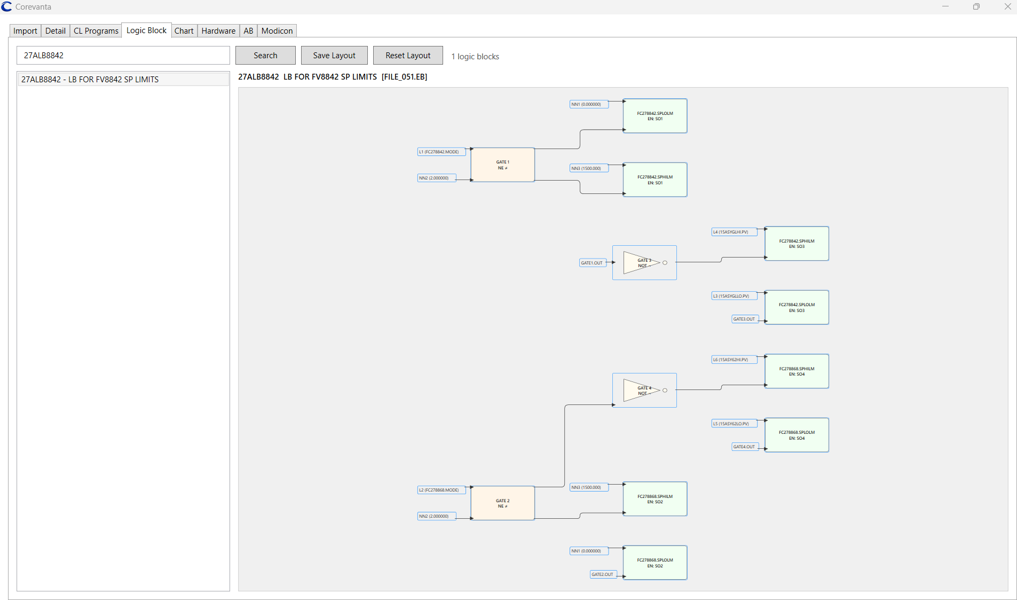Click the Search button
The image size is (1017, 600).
265,56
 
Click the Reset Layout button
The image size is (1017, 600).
408,56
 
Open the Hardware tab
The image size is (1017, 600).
218,31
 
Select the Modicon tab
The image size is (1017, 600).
277,31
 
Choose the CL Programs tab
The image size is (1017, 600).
96,31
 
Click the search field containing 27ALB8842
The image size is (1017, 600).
123,56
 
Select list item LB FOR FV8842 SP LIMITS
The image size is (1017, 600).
123,80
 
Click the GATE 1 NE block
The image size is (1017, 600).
502,165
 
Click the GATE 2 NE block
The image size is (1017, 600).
502,503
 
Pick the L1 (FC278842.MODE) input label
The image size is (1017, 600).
441,152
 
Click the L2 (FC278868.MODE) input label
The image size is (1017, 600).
441,490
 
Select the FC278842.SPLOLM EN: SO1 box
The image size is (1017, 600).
655,116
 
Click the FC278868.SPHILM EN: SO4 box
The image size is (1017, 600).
797,371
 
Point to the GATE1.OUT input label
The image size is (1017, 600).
592,263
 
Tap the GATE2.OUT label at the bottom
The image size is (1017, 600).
603,574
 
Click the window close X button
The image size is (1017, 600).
1007,7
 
